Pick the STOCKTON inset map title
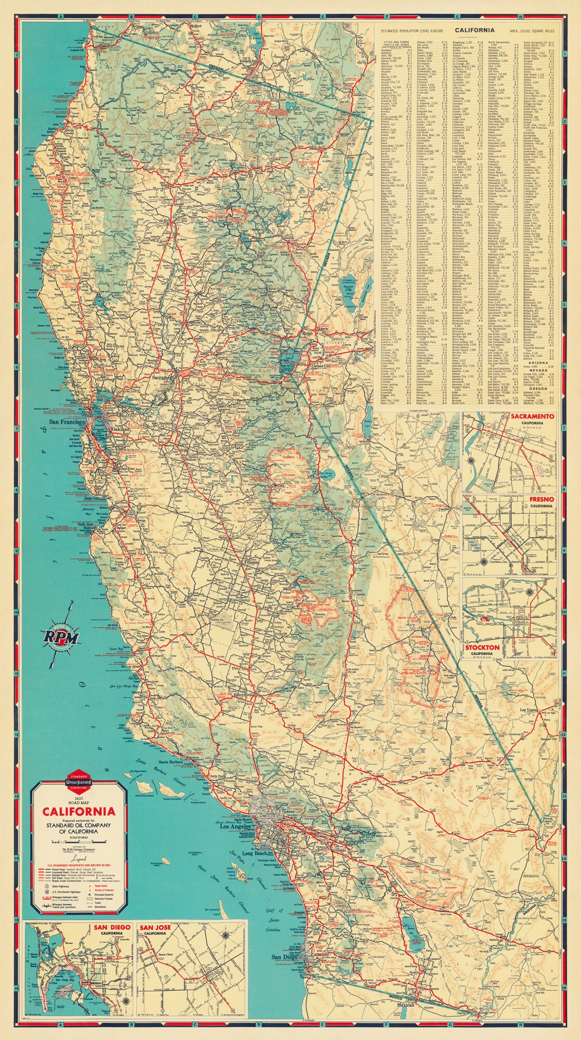(x=482, y=648)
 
